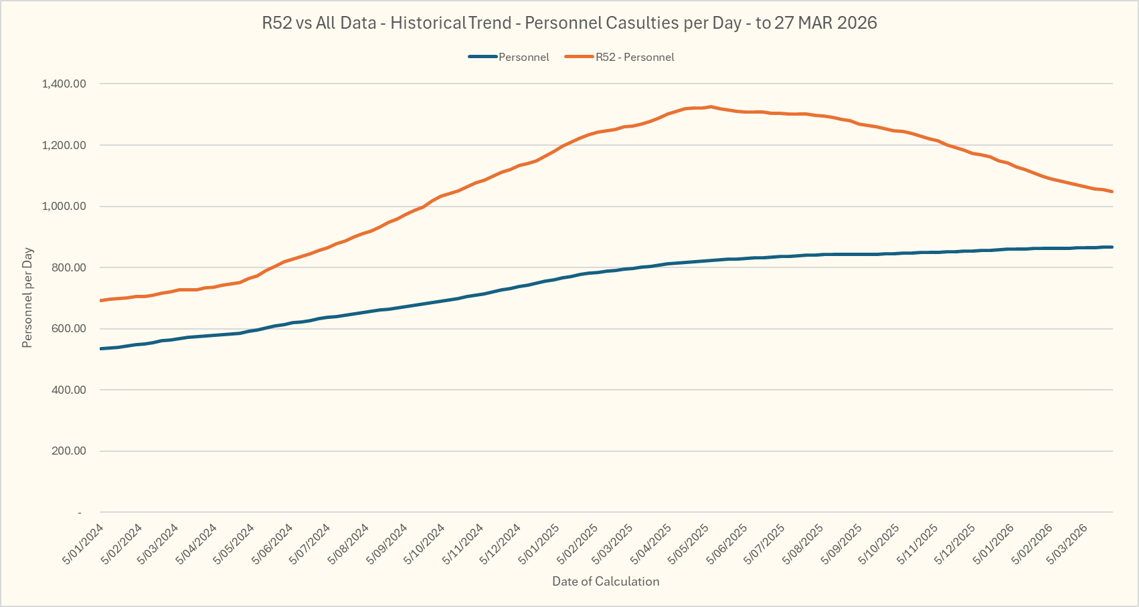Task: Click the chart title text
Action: (x=569, y=23)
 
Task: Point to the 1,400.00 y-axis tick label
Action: (x=64, y=84)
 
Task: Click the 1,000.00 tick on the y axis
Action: (x=64, y=207)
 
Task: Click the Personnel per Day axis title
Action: (x=27, y=298)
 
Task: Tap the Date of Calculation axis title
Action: (x=606, y=582)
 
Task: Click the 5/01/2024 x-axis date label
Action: (x=84, y=543)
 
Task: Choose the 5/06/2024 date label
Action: (x=274, y=543)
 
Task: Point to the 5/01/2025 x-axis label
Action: (x=539, y=543)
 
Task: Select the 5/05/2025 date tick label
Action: (x=690, y=543)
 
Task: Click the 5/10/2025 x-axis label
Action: (x=879, y=543)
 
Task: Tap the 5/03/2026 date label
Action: (x=1069, y=543)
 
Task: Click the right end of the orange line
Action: (x=1112, y=192)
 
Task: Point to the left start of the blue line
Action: (x=101, y=348)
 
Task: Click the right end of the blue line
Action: (x=1112, y=247)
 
